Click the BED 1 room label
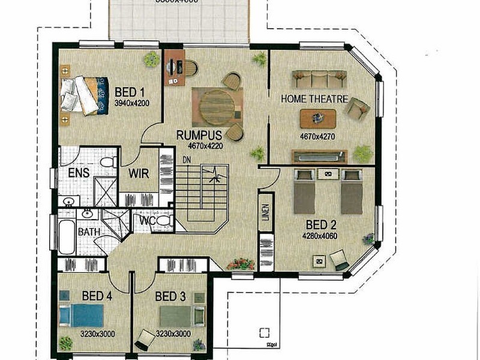pos(130,92)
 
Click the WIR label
pos(139,173)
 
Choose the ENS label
pos(79,173)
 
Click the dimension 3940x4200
pos(131,103)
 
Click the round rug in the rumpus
pos(217,107)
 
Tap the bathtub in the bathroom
pos(67,236)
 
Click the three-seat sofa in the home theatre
pos(319,79)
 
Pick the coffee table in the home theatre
pos(318,119)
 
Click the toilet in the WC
pos(165,221)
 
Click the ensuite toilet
pos(107,162)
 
